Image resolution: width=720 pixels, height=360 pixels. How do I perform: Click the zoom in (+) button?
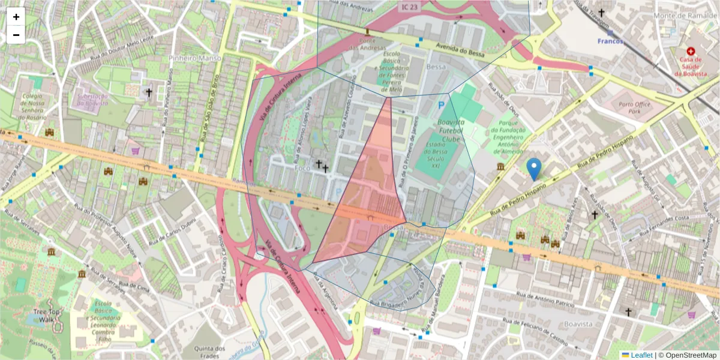(16, 17)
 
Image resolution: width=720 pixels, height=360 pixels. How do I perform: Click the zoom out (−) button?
(16, 35)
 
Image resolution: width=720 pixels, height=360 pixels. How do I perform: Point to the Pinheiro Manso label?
(195, 58)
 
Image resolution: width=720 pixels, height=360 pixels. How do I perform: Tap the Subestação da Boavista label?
(92, 99)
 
